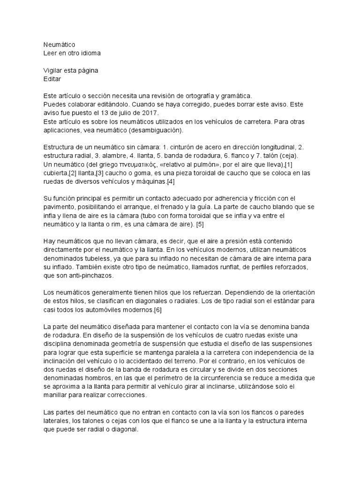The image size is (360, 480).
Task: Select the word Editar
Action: [x=52, y=80]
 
